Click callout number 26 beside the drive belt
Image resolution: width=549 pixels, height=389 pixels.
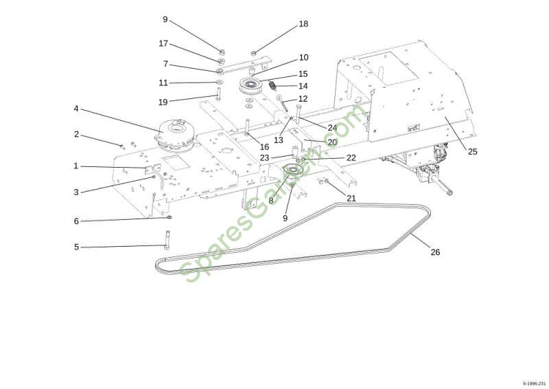(435, 252)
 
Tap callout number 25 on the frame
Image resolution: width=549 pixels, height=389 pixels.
(472, 151)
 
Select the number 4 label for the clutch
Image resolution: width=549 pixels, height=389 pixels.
(76, 109)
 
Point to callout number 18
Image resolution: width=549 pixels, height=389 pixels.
(303, 24)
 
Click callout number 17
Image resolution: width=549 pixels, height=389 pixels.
(163, 43)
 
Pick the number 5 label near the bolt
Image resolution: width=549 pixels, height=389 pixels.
(76, 247)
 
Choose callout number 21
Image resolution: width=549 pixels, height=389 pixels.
(351, 198)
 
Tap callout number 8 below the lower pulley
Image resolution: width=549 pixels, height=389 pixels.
(270, 201)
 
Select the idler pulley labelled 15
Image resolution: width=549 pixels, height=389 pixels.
(250, 87)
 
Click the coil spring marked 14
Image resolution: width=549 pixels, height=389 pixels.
(272, 85)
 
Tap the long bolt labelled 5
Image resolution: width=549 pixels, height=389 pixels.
(167, 240)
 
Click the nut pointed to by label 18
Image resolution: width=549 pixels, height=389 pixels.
(253, 53)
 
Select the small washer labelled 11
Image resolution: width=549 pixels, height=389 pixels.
(220, 82)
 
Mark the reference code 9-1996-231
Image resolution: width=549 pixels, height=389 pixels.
(535, 384)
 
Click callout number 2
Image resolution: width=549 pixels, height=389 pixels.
(76, 134)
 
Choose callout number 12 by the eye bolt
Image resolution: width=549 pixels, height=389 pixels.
(303, 98)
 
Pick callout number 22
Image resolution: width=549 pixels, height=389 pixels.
(351, 157)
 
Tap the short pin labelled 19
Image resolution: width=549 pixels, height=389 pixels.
(218, 94)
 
